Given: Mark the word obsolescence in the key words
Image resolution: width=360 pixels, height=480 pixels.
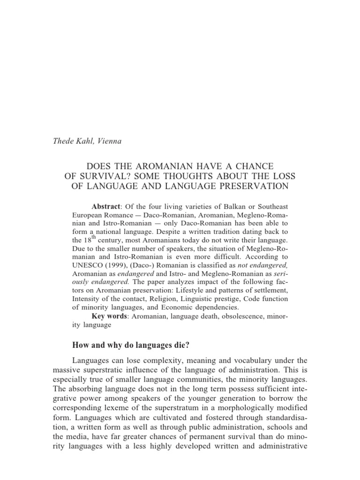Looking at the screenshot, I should (x=238, y=316).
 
